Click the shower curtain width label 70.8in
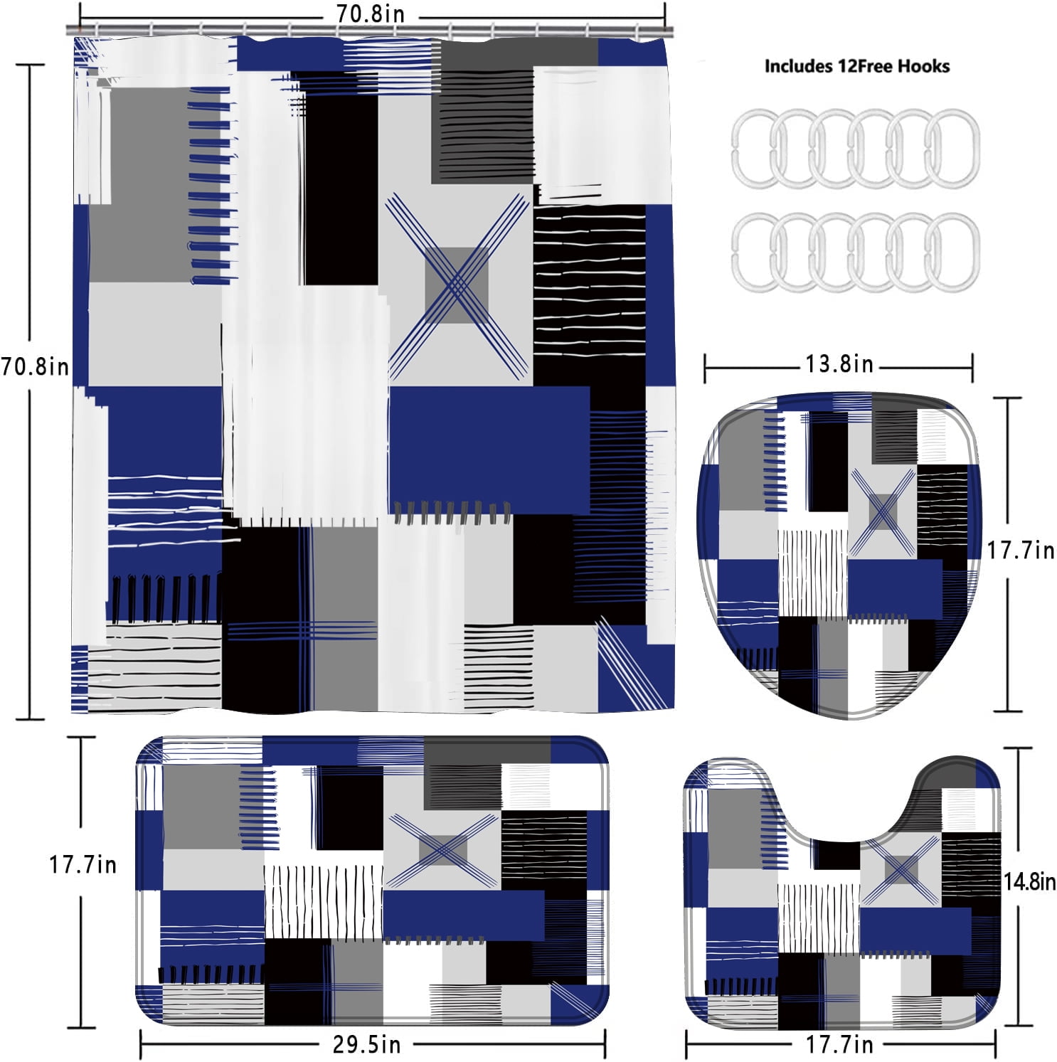[370, 14]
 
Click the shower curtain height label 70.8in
[35, 367]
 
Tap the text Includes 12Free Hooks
[856, 66]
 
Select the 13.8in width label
[839, 364]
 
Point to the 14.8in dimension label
[1029, 882]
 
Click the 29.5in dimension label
[366, 1044]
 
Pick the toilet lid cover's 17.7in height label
[1020, 550]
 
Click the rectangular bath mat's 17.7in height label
[83, 865]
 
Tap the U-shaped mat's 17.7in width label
[839, 1045]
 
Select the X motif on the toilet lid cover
[882, 511]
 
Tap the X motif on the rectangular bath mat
[443, 850]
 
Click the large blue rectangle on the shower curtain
[489, 450]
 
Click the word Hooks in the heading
[923, 66]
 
